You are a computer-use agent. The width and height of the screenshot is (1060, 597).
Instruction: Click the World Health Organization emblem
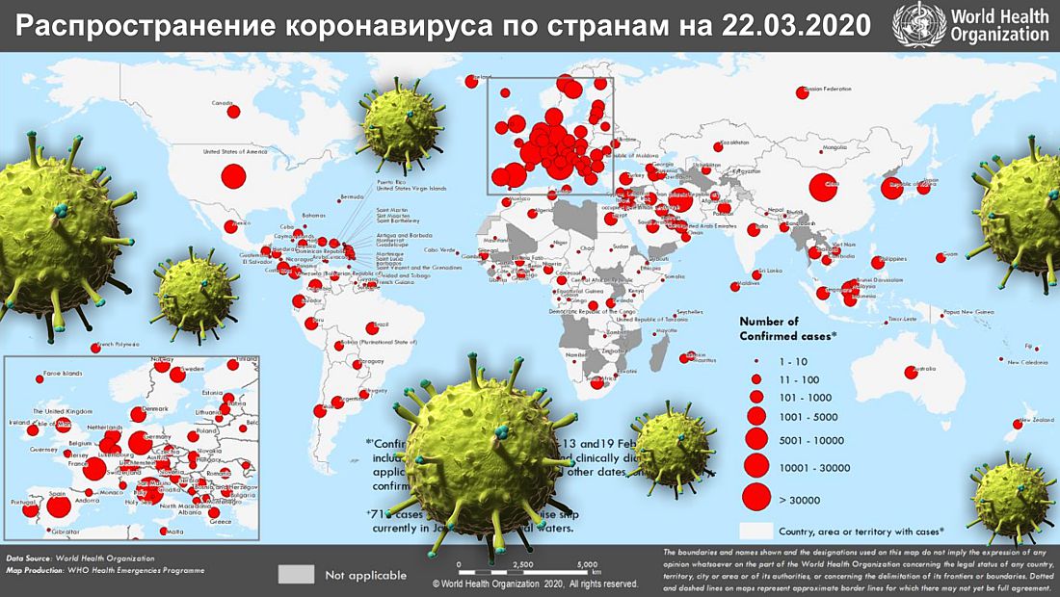[916, 23]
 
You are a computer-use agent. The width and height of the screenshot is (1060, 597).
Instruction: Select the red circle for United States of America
[233, 176]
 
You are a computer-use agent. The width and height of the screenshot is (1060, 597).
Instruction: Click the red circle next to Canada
[233, 112]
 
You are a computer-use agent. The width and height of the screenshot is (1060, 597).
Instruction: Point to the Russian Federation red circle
[802, 92]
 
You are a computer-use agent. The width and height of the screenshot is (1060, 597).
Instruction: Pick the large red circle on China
[822, 189]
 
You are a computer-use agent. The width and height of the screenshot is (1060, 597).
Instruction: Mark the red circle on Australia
[911, 373]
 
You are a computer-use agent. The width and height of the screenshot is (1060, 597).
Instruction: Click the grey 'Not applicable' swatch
[297, 574]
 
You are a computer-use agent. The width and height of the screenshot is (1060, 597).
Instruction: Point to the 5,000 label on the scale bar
[586, 565]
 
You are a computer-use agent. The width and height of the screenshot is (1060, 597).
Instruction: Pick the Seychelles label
[690, 312]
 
